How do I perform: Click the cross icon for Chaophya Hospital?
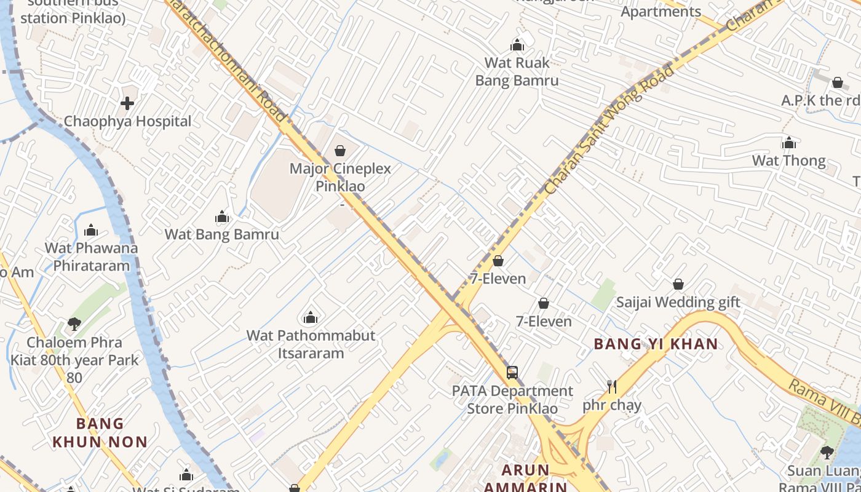[x=127, y=103]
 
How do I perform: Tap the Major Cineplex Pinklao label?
[x=340, y=177]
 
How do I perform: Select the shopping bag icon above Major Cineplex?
[x=340, y=150]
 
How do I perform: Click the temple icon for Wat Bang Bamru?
[x=222, y=216]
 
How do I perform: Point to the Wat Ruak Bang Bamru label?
[x=517, y=71]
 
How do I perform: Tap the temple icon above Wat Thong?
[x=789, y=143]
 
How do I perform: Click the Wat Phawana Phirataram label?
[x=91, y=257]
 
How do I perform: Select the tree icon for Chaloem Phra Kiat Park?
[x=74, y=323]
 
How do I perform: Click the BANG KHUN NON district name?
[x=100, y=432]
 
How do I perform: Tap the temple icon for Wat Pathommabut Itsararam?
[x=311, y=317]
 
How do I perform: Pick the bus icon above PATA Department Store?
[x=512, y=372]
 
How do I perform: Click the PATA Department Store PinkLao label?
[x=512, y=400]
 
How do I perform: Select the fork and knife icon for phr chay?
[x=611, y=387]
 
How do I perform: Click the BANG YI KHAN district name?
[x=656, y=344]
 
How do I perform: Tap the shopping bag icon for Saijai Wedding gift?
[x=678, y=284]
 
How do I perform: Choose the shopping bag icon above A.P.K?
[x=837, y=82]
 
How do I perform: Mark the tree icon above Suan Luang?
[x=827, y=453]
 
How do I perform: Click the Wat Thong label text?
[x=789, y=161]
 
